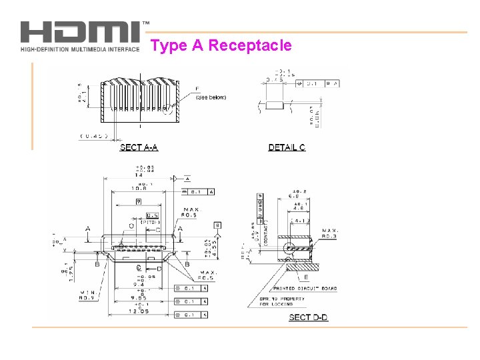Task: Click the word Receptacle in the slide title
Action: point(250,45)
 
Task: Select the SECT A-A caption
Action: point(139,147)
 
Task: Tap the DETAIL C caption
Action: point(287,147)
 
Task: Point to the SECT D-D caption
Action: point(308,317)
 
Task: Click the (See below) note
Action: point(211,97)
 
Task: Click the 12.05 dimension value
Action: point(139,311)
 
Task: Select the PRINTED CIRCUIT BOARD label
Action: point(313,289)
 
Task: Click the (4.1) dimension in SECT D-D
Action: point(298,221)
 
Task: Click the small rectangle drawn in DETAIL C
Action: point(275,105)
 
